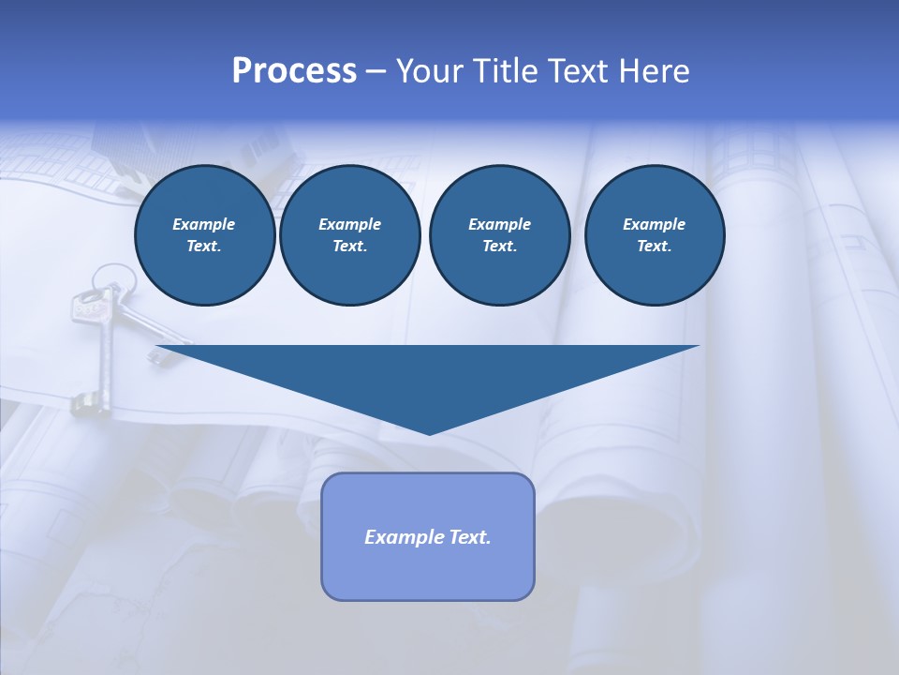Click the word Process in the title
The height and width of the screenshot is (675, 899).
tap(294, 71)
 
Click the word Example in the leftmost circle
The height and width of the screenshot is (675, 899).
tap(204, 224)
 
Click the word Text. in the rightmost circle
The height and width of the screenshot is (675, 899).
tap(654, 246)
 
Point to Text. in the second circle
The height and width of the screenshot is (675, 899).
tap(349, 246)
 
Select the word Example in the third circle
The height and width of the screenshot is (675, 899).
tap(499, 224)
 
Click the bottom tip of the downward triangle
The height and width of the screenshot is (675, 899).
tap(429, 432)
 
